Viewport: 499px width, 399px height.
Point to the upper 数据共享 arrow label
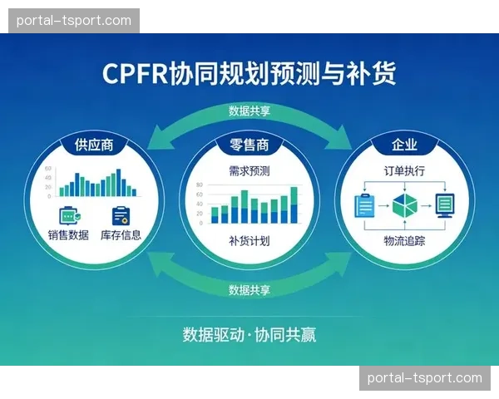click(249, 111)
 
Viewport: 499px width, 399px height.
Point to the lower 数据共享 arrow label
click(249, 290)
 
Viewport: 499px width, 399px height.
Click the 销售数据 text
click(68, 234)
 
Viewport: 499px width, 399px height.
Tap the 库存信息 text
click(121, 234)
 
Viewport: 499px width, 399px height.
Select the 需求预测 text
click(249, 171)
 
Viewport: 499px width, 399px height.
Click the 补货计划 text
click(249, 241)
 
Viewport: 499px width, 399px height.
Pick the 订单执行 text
click(404, 171)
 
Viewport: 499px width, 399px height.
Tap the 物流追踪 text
click(404, 241)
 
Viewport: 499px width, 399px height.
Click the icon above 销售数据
click(69, 214)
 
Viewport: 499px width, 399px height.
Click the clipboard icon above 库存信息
click(121, 214)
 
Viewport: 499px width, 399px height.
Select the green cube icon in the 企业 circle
click(404, 204)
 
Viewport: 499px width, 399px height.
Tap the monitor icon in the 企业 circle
click(445, 204)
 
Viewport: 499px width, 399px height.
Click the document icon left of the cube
click(363, 204)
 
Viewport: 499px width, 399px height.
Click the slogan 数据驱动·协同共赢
click(249, 335)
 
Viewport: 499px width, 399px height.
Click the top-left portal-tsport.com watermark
click(73, 20)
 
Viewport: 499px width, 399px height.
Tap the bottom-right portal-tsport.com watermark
click(425, 378)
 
